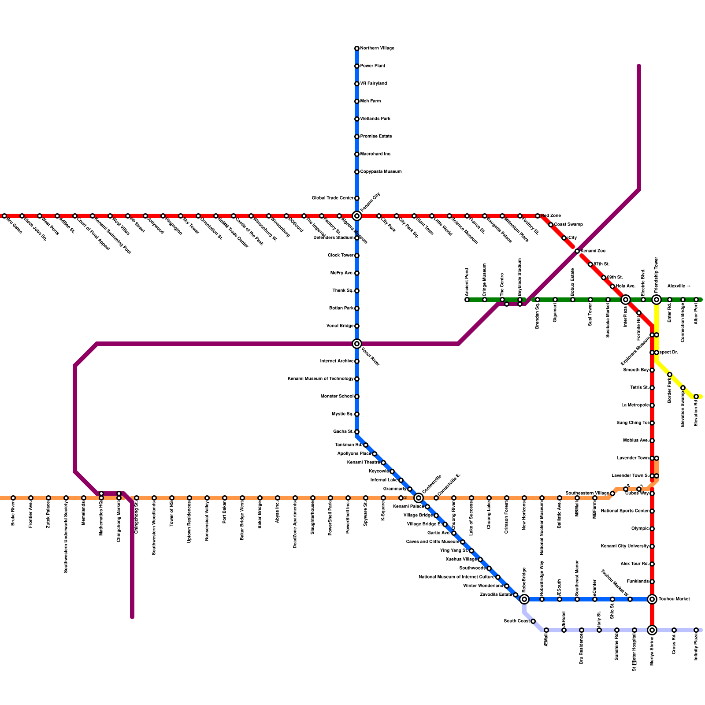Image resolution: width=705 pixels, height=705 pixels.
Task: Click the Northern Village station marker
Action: pos(357,48)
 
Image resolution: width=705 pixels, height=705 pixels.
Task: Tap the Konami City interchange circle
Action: pos(357,216)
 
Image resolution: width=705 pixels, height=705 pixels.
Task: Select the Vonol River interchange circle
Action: pos(357,344)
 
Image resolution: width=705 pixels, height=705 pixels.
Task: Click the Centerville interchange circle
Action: pos(419,498)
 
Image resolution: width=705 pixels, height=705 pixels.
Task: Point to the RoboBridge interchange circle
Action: pos(524,599)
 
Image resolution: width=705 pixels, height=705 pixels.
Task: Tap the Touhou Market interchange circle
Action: pos(652,599)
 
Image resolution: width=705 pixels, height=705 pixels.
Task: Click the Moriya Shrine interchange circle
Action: pos(652,630)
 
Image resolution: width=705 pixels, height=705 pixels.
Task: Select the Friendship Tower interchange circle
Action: pos(657,300)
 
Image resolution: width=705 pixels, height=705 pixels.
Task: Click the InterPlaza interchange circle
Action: pos(626,300)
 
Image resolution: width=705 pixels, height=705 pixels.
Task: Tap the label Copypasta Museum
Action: pos(381,172)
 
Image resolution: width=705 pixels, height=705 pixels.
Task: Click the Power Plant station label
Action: pos(372,66)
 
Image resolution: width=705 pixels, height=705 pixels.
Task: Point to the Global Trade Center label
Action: pos(333,198)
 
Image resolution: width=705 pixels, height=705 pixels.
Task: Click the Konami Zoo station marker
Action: pos(577,251)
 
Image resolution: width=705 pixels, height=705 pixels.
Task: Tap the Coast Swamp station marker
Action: pos(551,225)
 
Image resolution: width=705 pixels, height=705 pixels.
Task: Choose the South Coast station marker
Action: pos(533,621)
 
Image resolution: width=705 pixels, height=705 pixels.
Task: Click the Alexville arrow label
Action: pos(679,286)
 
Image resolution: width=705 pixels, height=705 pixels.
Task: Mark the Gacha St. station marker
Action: pos(357,432)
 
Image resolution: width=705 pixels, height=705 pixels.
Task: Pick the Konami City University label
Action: pos(625,546)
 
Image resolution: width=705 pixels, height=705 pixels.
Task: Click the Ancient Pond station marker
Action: pos(467,300)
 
